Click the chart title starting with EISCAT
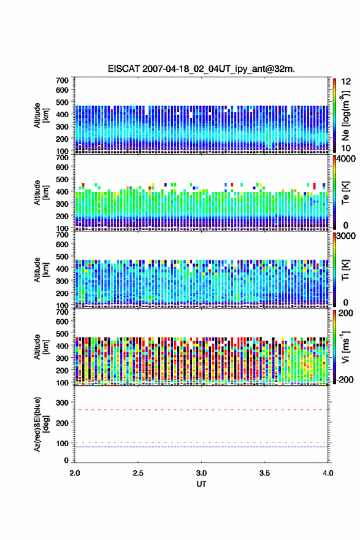click(201, 69)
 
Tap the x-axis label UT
click(201, 484)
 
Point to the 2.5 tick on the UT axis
click(138, 473)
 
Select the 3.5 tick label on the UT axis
click(265, 473)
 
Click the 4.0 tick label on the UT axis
click(328, 473)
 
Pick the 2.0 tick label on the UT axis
click(75, 473)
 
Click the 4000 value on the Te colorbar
click(345, 159)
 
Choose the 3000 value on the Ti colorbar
click(345, 236)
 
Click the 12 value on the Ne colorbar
click(346, 82)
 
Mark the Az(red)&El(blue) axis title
click(41, 424)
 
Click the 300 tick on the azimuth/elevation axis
click(63, 403)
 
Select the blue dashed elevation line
click(201, 447)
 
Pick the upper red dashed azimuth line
click(201, 410)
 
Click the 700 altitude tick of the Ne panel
click(63, 80)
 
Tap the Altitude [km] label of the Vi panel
click(41, 347)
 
